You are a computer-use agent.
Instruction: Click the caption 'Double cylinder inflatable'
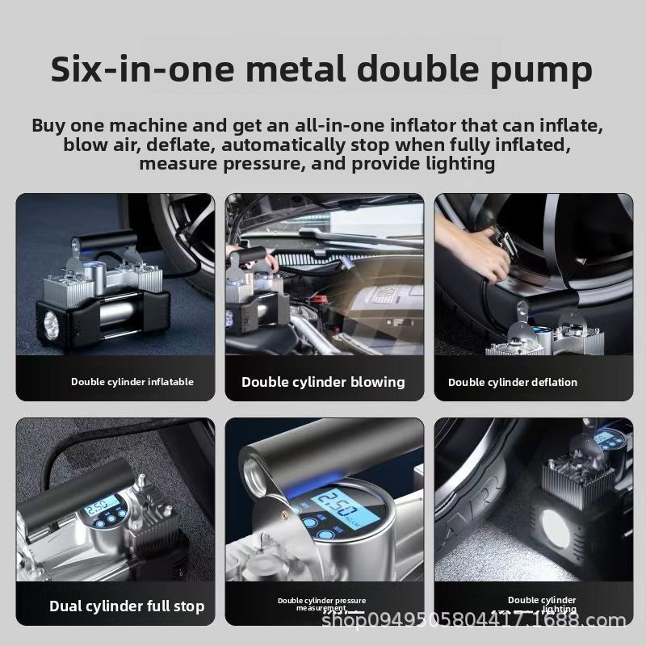tap(132, 382)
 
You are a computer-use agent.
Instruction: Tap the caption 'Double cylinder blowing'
tap(323, 382)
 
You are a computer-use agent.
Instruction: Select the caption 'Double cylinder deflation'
tap(513, 382)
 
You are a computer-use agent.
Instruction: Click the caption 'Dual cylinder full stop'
tap(127, 606)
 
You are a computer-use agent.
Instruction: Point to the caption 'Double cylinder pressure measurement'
tap(321, 604)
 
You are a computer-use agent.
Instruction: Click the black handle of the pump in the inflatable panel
tap(103, 240)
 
